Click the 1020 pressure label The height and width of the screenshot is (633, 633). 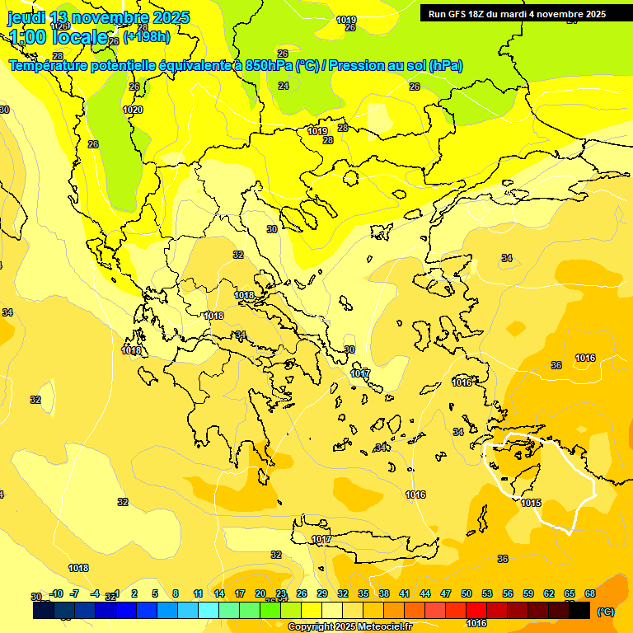coord(133,110)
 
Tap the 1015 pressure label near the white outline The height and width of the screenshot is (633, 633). coord(531,503)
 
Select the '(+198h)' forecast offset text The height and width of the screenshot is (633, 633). coord(147,37)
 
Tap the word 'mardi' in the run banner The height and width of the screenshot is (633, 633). coord(520,14)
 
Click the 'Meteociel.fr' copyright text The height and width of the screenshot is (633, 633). coord(379,626)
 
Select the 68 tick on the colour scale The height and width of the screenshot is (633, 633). coord(589,593)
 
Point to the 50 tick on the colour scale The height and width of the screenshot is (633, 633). coord(466,593)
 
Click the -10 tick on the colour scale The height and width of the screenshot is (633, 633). coord(56,593)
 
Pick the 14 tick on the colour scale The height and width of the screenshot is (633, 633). coord(219,593)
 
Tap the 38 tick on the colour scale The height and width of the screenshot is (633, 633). coord(384,593)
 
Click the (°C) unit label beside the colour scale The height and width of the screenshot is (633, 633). coord(605,612)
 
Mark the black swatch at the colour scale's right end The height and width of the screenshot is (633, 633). coord(579,611)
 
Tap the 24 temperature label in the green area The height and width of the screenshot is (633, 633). coord(284,86)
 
